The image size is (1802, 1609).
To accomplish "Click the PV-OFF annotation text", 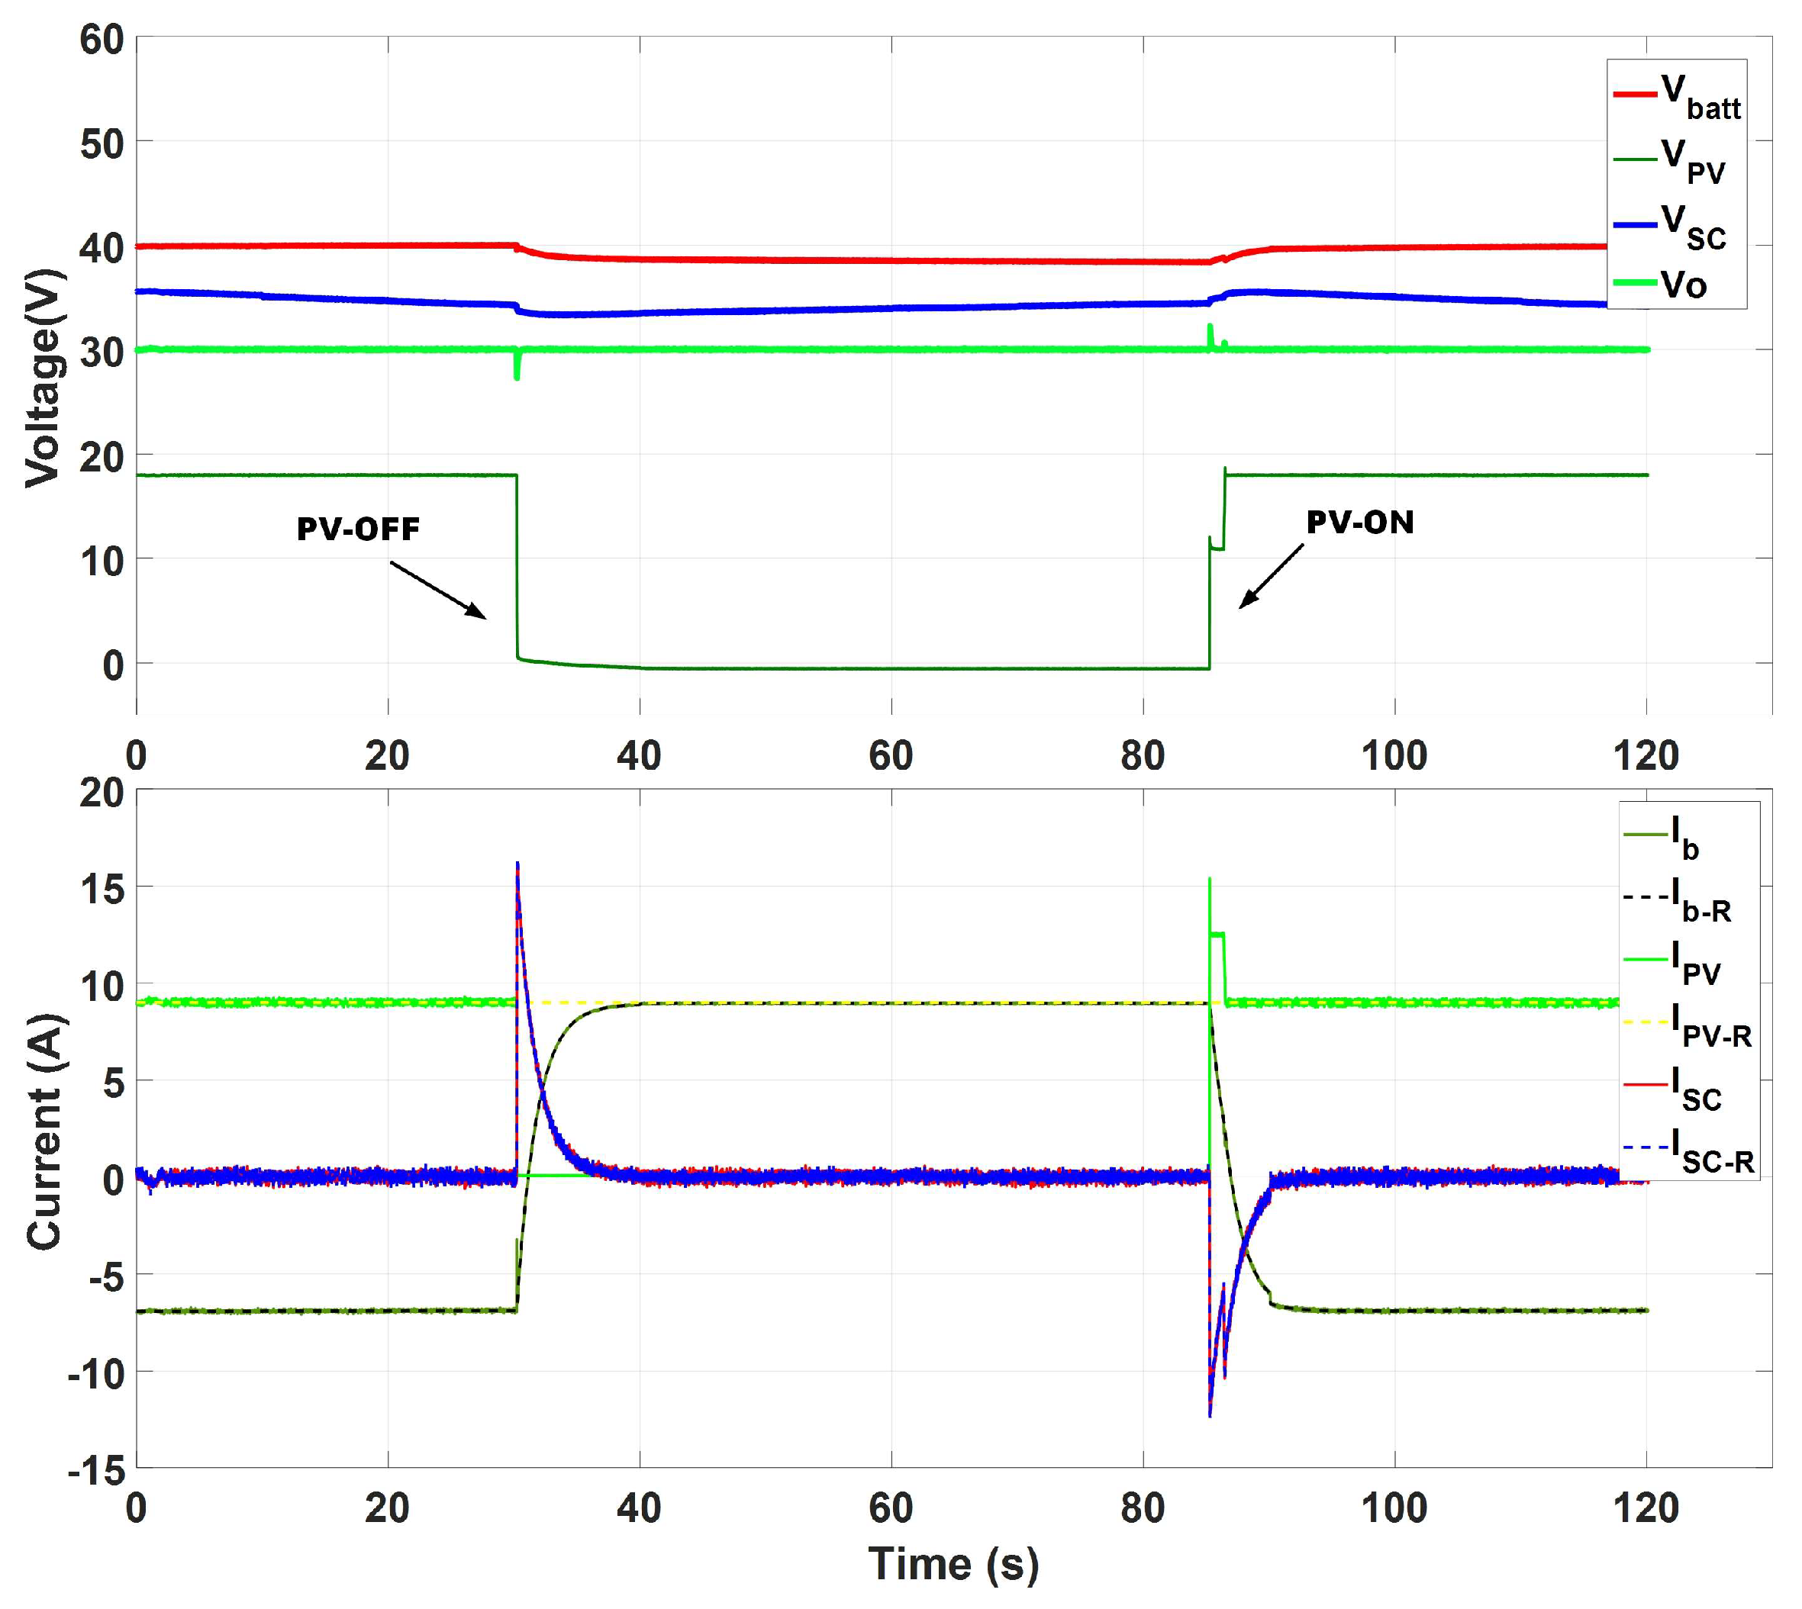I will pos(358,529).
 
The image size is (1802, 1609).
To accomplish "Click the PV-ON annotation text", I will pos(1360,523).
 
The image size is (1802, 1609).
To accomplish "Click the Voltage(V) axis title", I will pos(43,378).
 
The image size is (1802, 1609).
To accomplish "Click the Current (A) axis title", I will pos(44,1131).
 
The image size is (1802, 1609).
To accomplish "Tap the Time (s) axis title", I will pos(953,1564).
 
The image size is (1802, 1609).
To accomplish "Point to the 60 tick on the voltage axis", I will pos(102,40).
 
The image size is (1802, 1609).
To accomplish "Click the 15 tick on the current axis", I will pos(102,889).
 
